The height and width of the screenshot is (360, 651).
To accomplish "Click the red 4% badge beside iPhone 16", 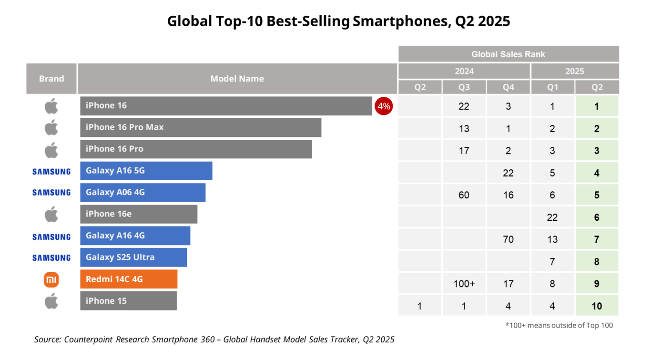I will pyautogui.click(x=384, y=106).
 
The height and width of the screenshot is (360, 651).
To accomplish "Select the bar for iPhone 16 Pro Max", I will pyautogui.click(x=201, y=127).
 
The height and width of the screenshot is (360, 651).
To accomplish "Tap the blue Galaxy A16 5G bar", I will pyautogui.click(x=146, y=171).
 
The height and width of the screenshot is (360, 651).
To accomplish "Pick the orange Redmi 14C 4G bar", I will pyautogui.click(x=129, y=279).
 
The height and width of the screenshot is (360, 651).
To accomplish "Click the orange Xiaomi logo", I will pyautogui.click(x=51, y=280).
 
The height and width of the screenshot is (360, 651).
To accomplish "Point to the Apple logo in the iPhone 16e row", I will pyautogui.click(x=51, y=215).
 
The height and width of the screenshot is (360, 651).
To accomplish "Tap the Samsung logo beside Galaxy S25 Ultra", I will pyautogui.click(x=51, y=258).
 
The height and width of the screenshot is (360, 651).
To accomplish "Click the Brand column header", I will pyautogui.click(x=51, y=79).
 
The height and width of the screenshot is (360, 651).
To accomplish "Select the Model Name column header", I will pyautogui.click(x=237, y=79).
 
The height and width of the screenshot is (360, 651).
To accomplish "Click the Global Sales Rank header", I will pyautogui.click(x=508, y=54).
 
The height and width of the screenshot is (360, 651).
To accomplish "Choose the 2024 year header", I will pyautogui.click(x=464, y=71).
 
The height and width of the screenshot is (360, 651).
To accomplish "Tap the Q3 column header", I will pyautogui.click(x=464, y=87).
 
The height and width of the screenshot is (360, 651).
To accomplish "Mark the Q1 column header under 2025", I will pyautogui.click(x=552, y=87).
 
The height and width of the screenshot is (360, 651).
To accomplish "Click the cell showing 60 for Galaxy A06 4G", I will pyautogui.click(x=464, y=195).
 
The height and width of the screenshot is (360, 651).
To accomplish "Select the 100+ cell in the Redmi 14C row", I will pyautogui.click(x=464, y=284).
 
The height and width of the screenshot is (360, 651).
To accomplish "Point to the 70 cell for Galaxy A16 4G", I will pyautogui.click(x=508, y=239).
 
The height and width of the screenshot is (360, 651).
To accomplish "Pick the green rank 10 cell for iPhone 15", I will pyautogui.click(x=597, y=306).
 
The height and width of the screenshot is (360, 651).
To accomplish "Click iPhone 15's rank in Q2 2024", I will pyautogui.click(x=419, y=306).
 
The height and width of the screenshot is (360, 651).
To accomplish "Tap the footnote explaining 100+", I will pyautogui.click(x=559, y=326).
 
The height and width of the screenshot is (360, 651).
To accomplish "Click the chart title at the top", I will pyautogui.click(x=338, y=21).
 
